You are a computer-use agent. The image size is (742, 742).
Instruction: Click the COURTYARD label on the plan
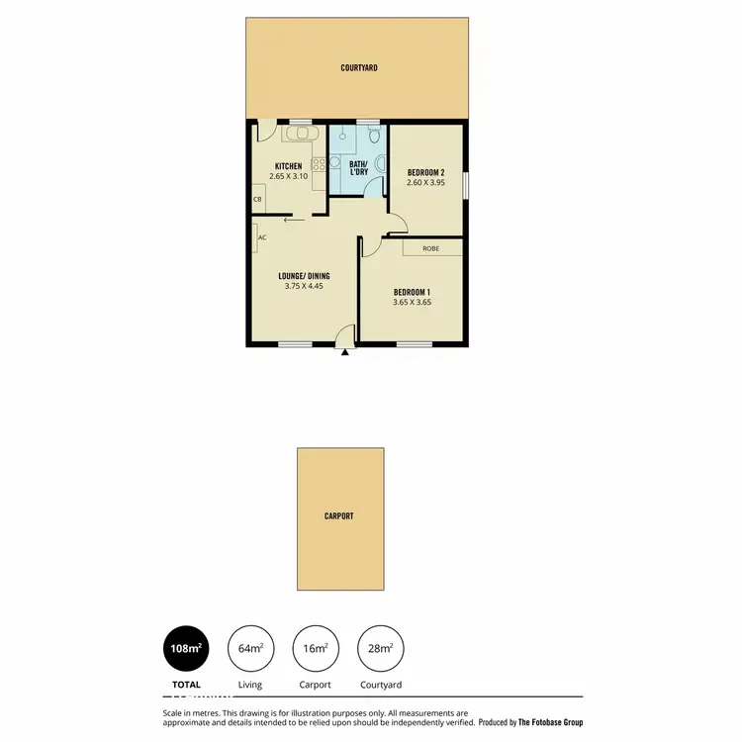[x=359, y=68]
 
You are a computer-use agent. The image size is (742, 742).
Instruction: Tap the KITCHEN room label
[x=289, y=166]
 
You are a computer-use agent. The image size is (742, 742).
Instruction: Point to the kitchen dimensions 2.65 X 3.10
[x=289, y=177]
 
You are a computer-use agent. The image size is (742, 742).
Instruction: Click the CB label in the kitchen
[x=257, y=199]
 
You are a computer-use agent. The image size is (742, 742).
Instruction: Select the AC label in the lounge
[x=262, y=237]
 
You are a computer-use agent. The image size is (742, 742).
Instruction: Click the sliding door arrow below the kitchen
[x=292, y=222]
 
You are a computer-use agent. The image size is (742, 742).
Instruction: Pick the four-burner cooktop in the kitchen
[x=319, y=166]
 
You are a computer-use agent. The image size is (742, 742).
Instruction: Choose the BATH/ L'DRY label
[x=357, y=167]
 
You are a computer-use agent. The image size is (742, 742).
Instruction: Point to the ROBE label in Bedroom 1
[x=430, y=248]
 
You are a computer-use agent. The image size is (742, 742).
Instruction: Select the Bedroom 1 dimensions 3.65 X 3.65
[x=413, y=303]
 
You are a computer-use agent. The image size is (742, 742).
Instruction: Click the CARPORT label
[x=339, y=516]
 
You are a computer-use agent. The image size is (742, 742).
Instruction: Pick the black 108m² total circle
[x=186, y=649]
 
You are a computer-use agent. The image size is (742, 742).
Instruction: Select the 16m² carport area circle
[x=316, y=649]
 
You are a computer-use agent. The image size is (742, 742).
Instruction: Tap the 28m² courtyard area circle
[x=380, y=649]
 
